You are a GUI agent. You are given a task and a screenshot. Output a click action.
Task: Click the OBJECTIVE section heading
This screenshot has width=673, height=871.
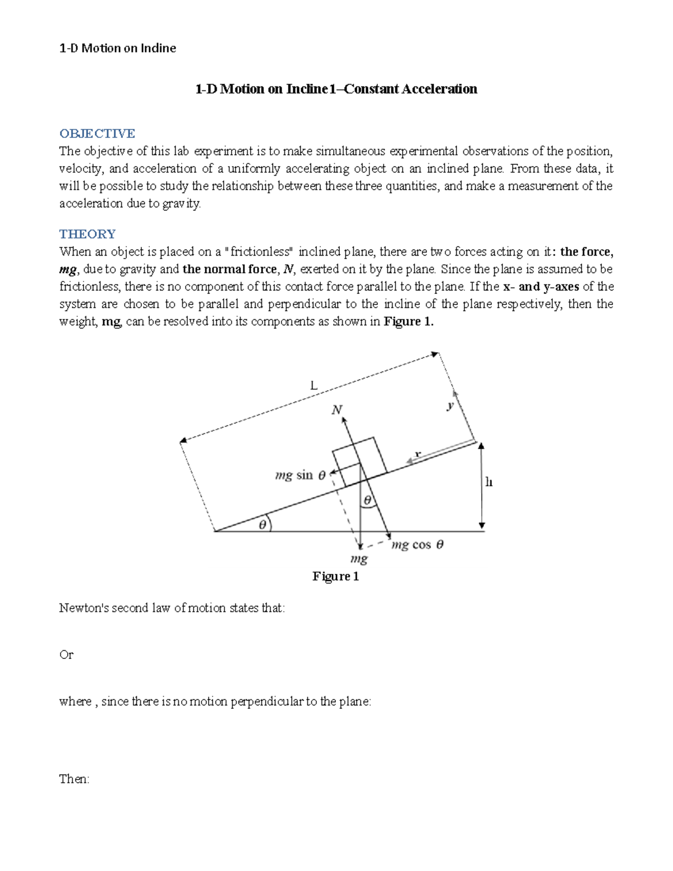pyautogui.click(x=97, y=133)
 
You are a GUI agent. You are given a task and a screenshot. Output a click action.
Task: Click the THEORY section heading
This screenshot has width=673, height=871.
pyautogui.click(x=87, y=234)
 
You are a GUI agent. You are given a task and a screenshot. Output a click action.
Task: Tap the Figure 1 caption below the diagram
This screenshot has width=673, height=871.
pyautogui.click(x=335, y=577)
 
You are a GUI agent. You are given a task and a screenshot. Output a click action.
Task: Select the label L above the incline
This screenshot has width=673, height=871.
pyautogui.click(x=314, y=386)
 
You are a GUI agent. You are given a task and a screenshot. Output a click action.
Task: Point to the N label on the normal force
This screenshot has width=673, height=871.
pyautogui.click(x=336, y=410)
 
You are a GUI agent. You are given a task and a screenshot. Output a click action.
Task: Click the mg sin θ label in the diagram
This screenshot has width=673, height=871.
pyautogui.click(x=300, y=476)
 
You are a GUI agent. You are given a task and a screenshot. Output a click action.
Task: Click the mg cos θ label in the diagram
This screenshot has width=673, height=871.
pyautogui.click(x=417, y=545)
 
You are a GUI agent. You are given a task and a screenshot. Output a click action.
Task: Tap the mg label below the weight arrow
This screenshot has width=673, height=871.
pyautogui.click(x=359, y=559)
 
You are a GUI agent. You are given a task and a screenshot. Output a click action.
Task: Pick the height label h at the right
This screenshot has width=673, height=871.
pyautogui.click(x=488, y=482)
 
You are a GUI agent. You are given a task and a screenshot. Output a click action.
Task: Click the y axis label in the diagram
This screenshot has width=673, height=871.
pyautogui.click(x=450, y=405)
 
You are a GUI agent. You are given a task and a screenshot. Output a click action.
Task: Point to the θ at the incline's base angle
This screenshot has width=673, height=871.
pyautogui.click(x=262, y=525)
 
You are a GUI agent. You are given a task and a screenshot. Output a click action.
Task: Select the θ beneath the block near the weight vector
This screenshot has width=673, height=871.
pyautogui.click(x=368, y=500)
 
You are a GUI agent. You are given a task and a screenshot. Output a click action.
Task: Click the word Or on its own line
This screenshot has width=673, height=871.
pyautogui.click(x=66, y=655)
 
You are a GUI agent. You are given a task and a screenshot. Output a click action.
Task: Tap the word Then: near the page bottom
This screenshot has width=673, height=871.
pyautogui.click(x=74, y=779)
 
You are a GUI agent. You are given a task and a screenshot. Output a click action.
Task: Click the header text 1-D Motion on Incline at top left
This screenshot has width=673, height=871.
pyautogui.click(x=118, y=48)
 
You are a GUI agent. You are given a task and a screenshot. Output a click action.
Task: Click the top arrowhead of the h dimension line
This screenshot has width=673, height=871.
pyautogui.click(x=481, y=446)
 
